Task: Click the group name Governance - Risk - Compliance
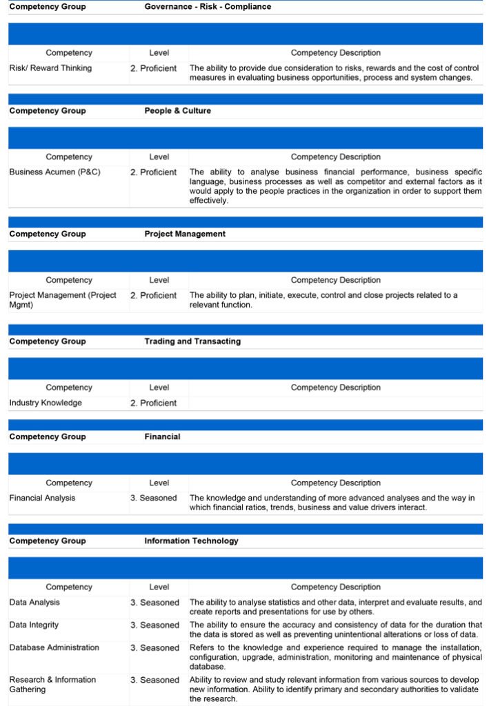208,7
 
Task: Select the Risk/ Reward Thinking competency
50,68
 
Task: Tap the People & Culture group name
177,111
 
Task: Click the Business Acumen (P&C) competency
54,172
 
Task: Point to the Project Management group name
185,234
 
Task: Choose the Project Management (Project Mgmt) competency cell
63,300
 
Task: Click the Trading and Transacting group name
192,342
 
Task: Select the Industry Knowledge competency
46,403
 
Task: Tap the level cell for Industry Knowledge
154,403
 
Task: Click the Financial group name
162,437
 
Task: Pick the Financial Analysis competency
42,498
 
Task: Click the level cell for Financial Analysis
154,498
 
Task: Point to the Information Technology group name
191,541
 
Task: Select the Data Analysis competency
34,603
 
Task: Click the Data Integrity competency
34,625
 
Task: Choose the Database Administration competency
55,648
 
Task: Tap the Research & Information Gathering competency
52,685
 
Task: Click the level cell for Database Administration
154,648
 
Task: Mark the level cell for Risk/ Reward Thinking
154,68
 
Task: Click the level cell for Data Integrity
154,625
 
